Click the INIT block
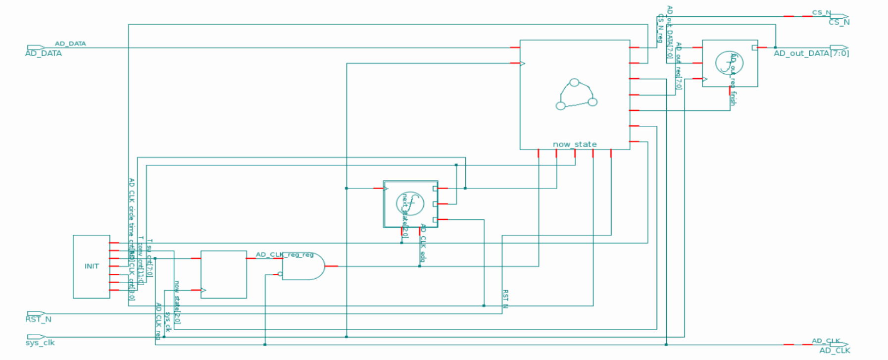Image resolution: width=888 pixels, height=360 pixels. coord(92,266)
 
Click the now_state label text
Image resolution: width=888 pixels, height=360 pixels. coord(574,144)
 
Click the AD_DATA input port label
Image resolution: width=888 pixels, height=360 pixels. coord(44,53)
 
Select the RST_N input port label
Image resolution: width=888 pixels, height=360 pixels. coord(38,319)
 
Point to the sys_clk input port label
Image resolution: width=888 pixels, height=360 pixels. coord(40,343)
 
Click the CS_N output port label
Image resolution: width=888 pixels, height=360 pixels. coord(839,22)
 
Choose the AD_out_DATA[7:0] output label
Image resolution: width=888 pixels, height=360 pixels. coord(811,53)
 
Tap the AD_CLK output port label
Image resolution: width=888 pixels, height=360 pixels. coord(835,351)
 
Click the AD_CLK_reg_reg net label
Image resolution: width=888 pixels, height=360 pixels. coord(285,255)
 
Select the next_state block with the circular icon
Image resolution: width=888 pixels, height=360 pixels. coord(410,204)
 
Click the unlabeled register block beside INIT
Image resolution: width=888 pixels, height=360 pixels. coord(224,274)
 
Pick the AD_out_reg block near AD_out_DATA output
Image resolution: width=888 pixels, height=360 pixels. coord(730,63)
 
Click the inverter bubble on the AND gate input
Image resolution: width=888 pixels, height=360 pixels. coord(280,274)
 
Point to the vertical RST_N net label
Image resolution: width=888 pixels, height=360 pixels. coord(505,299)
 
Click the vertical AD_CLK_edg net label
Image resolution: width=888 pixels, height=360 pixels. coord(423,243)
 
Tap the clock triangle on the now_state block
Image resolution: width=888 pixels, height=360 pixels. coord(522,63)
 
